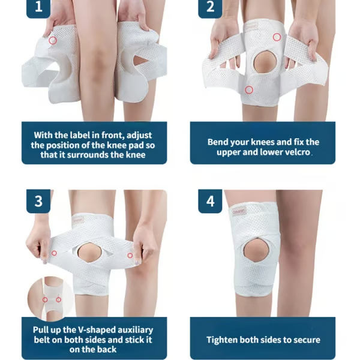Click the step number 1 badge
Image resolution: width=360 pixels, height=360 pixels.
(x=38, y=7)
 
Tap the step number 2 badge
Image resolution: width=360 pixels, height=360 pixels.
(x=210, y=7)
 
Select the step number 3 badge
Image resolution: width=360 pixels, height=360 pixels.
(x=38, y=201)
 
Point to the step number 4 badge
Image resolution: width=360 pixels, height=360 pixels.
(x=210, y=201)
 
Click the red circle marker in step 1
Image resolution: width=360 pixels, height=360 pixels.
(x=53, y=40)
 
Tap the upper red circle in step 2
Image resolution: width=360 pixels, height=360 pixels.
(x=277, y=37)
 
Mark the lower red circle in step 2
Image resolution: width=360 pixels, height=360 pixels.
(x=248, y=90)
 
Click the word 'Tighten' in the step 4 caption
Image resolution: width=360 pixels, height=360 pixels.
(x=223, y=340)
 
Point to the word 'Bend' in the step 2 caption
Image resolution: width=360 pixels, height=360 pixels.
(x=218, y=142)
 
